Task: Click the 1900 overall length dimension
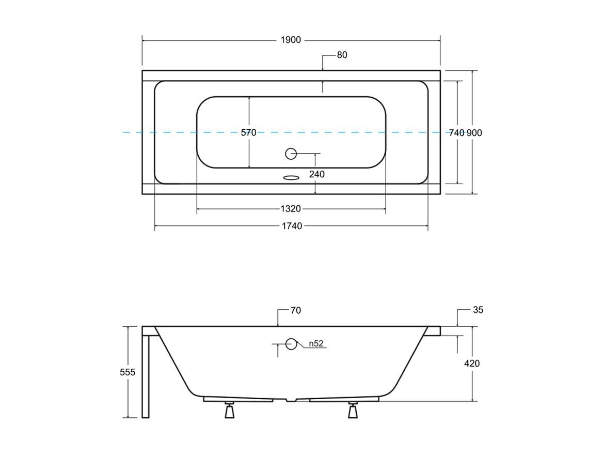coord(291,40)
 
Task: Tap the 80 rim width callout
coord(342,55)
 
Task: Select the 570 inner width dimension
coord(248,133)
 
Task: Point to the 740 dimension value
coord(456,133)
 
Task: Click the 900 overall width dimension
coord(474,133)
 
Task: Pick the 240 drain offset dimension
coord(316,174)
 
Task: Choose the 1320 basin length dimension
coord(291,209)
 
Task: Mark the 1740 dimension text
coord(292,226)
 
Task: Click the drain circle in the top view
coord(291,153)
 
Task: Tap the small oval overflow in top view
coord(291,178)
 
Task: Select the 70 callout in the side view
coord(295,311)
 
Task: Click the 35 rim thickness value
coord(478,310)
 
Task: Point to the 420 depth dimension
coord(472,364)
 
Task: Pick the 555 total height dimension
coord(127,372)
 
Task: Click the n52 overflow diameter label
coord(316,343)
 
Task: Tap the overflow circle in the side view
coord(291,343)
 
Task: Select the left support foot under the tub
coord(229,411)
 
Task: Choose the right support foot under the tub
coord(353,411)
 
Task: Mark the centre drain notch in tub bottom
coord(292,400)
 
